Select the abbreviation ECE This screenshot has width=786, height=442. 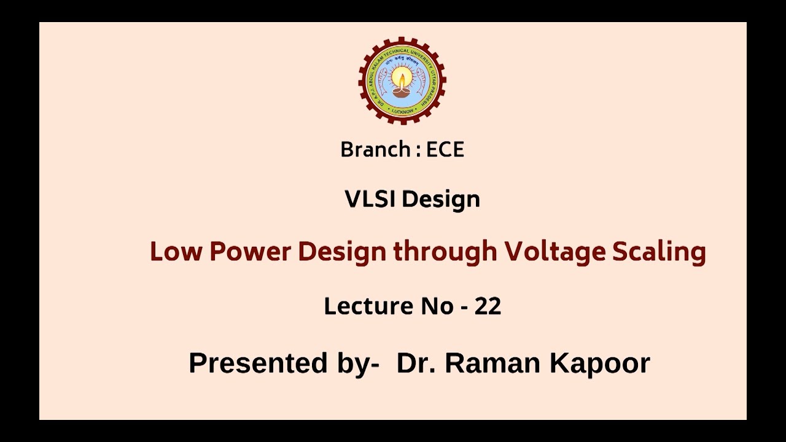(445, 150)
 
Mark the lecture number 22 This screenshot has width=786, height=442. (488, 306)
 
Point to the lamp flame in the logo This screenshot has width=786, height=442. (402, 79)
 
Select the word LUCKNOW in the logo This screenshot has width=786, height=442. (402, 112)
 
